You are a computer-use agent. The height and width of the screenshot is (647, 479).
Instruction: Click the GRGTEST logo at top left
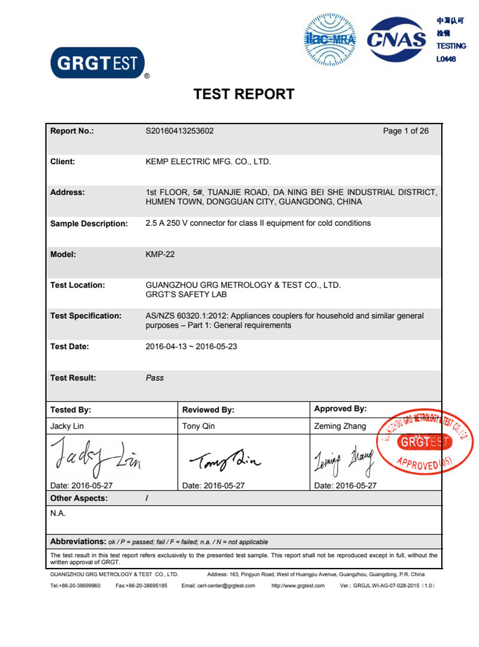pyautogui.click(x=98, y=63)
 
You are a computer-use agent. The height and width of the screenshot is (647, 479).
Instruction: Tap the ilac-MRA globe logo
pyautogui.click(x=330, y=40)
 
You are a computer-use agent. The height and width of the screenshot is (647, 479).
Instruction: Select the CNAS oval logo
pyautogui.click(x=396, y=40)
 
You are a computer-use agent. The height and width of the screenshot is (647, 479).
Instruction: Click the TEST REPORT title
pyautogui.click(x=244, y=94)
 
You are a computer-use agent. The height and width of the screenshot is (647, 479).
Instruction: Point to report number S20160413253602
pyautogui.click(x=180, y=131)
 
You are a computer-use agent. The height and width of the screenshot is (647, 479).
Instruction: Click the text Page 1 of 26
pyautogui.click(x=405, y=131)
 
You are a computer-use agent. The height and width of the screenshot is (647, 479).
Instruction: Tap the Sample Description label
pyautogui.click(x=89, y=223)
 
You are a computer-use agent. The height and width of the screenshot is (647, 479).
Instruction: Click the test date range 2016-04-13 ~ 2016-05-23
pyautogui.click(x=191, y=347)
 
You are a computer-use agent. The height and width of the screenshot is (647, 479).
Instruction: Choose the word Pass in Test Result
pyautogui.click(x=154, y=378)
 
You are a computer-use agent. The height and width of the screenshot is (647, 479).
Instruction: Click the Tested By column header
pyautogui.click(x=71, y=410)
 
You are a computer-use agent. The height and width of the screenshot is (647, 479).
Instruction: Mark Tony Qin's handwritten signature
pyautogui.click(x=225, y=460)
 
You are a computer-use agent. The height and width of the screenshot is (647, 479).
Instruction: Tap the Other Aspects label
pyautogui.click(x=79, y=498)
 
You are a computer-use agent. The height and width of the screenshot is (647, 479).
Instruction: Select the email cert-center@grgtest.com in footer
pyautogui.click(x=218, y=585)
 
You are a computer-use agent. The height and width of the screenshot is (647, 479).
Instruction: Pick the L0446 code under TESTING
pyautogui.click(x=446, y=59)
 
